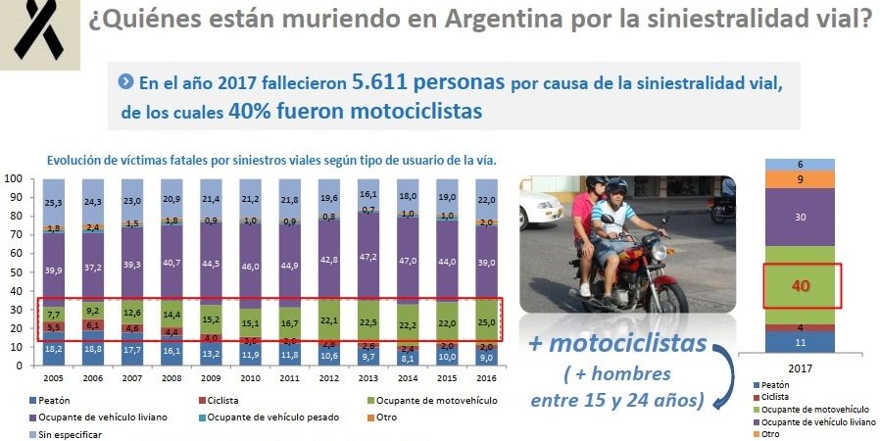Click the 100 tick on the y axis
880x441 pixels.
point(15,179)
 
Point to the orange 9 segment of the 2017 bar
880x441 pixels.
point(802,179)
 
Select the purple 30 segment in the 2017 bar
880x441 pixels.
point(802,218)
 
